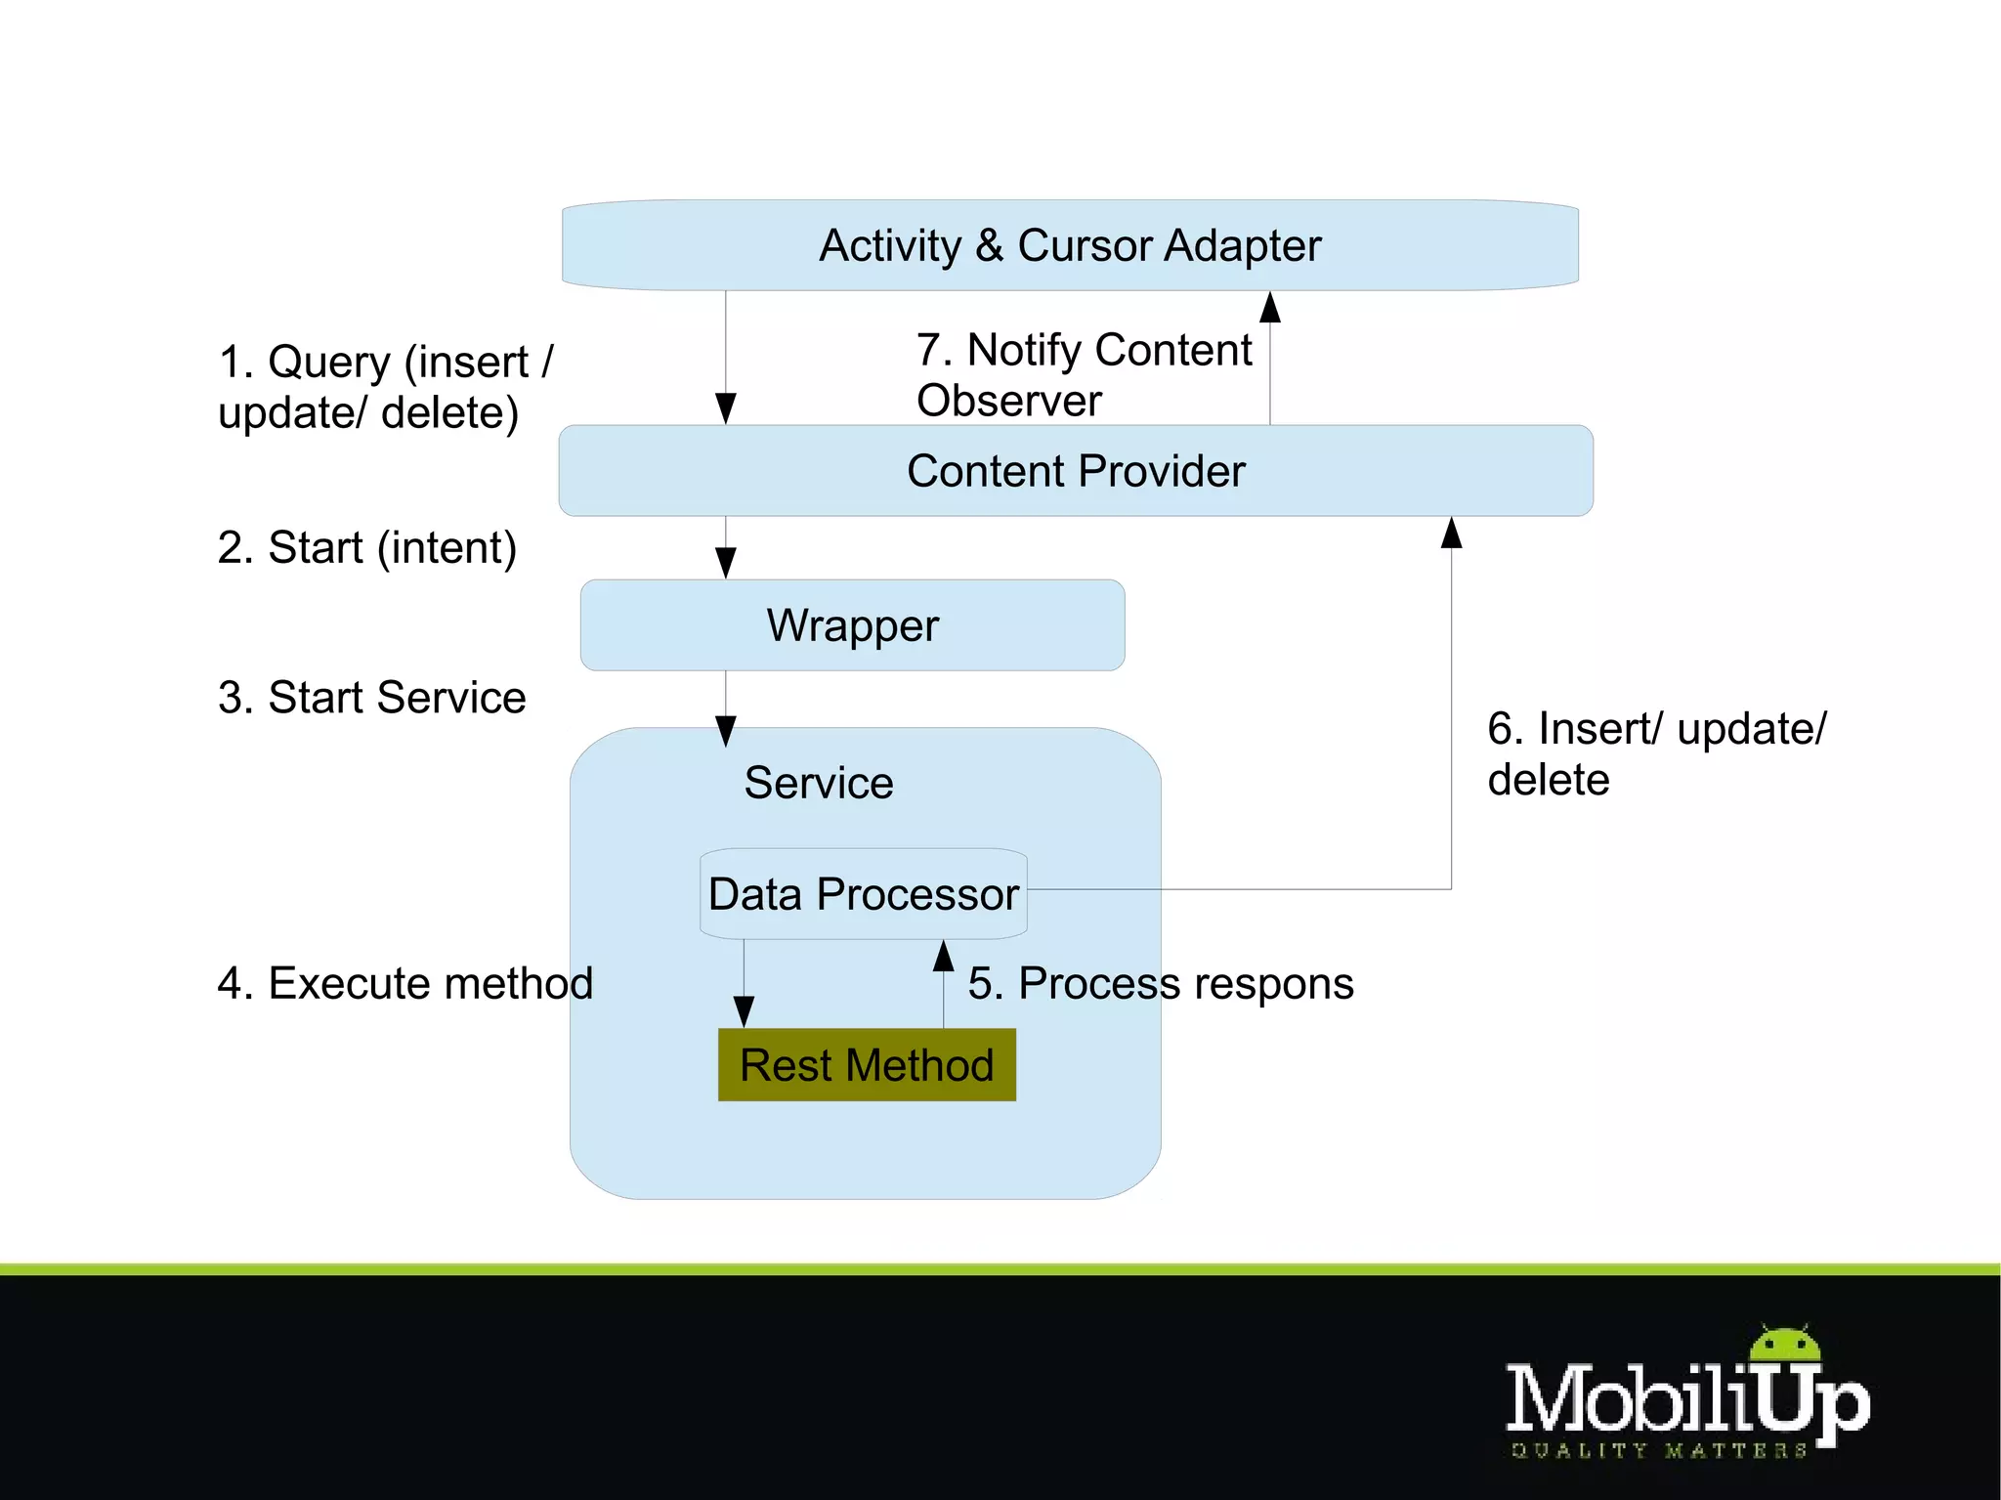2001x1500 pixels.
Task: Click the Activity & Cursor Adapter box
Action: pos(1070,245)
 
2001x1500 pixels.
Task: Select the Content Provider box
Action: pos(1075,471)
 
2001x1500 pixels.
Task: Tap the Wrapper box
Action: pos(852,625)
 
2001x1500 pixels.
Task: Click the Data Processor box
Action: pos(864,894)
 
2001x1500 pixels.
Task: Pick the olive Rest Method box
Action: pos(867,1065)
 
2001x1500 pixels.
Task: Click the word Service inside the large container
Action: pos(819,783)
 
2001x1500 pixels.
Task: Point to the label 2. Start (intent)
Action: pos(366,547)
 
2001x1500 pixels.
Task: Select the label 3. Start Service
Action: pos(371,698)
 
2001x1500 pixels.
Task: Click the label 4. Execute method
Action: pos(404,983)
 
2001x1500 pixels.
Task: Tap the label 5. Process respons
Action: pos(1161,983)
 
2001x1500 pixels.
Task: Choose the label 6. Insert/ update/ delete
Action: pos(1655,753)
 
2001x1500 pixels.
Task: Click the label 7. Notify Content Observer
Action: pos(1083,374)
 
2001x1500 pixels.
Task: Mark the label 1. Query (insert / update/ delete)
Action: pos(385,387)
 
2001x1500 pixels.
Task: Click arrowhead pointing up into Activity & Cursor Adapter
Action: pos(1269,307)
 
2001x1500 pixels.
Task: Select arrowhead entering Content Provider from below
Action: pos(1451,533)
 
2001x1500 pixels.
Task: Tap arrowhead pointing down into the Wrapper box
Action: pos(725,563)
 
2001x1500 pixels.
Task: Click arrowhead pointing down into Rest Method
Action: pos(744,1011)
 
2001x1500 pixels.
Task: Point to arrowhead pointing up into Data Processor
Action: pos(943,956)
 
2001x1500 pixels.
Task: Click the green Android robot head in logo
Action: pos(1785,1344)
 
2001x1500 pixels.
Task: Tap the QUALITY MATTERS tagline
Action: pos(1658,1450)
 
